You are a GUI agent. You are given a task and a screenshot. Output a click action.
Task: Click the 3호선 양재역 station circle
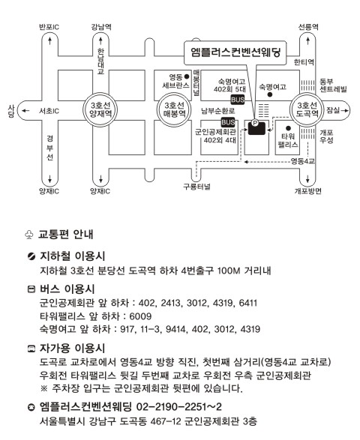(x=100, y=109)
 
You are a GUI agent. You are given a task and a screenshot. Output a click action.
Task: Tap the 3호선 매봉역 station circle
(x=174, y=109)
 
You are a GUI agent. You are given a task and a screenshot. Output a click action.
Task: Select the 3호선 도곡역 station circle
(x=307, y=109)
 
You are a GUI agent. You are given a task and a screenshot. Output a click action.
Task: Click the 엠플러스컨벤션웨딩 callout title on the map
(x=235, y=52)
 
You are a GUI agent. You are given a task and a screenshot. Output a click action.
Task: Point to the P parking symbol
(x=255, y=123)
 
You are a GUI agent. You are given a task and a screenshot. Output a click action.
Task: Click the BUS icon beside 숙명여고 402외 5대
(x=238, y=100)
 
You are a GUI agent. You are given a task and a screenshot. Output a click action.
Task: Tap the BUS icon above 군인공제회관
(x=228, y=122)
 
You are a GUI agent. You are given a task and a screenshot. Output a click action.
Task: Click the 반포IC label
(x=49, y=27)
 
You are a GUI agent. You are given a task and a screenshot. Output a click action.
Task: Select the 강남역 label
(x=100, y=27)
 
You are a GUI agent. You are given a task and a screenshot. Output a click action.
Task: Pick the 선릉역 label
(x=308, y=27)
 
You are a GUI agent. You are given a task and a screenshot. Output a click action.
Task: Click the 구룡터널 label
(x=196, y=187)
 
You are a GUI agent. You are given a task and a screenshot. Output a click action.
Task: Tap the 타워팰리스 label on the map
(x=287, y=141)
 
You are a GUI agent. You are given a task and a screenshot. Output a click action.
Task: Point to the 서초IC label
(x=49, y=111)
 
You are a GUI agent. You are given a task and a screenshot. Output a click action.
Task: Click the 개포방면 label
(x=307, y=191)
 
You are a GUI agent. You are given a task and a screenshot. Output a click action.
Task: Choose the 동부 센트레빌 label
(x=333, y=85)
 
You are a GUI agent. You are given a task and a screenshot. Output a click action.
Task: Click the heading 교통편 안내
(x=66, y=234)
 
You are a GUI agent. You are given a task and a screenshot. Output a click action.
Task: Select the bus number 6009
(x=140, y=316)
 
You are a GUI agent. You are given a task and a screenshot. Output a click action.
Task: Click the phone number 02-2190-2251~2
(x=179, y=406)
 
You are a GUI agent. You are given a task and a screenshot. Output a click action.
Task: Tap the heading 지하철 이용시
(x=73, y=256)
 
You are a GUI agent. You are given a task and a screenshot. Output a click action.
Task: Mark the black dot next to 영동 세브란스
(x=187, y=76)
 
